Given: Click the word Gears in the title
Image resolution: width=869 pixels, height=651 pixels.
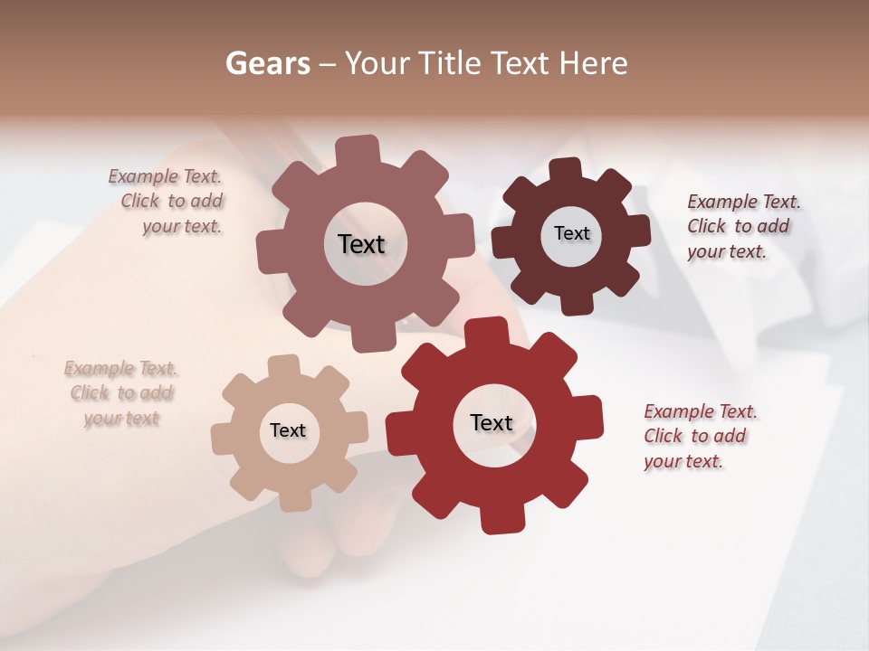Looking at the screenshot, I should [x=266, y=63].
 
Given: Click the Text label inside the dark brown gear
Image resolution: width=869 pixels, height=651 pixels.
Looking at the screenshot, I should [x=571, y=233].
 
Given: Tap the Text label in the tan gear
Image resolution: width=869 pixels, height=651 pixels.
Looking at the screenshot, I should [x=288, y=430].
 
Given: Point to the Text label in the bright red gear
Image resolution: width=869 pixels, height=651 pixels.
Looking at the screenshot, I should [x=492, y=422].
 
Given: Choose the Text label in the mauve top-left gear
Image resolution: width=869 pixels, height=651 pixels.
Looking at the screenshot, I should [x=361, y=244].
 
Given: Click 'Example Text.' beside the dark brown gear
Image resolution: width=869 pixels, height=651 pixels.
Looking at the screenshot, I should [x=744, y=202].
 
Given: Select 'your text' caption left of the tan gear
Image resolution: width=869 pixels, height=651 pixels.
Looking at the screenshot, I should [x=121, y=418].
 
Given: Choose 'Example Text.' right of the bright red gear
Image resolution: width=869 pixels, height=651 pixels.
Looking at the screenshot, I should [x=701, y=411].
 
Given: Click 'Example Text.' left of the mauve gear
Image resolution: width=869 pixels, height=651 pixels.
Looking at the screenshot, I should [x=165, y=176].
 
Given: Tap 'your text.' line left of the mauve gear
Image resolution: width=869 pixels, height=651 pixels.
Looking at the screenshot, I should [x=182, y=226].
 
